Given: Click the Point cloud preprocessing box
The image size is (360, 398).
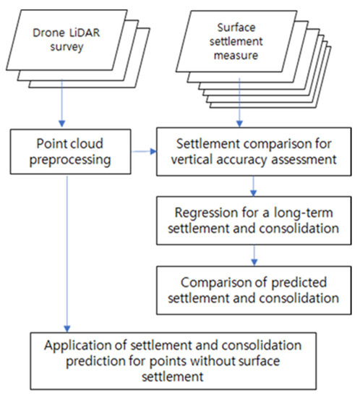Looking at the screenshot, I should [66, 152].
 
